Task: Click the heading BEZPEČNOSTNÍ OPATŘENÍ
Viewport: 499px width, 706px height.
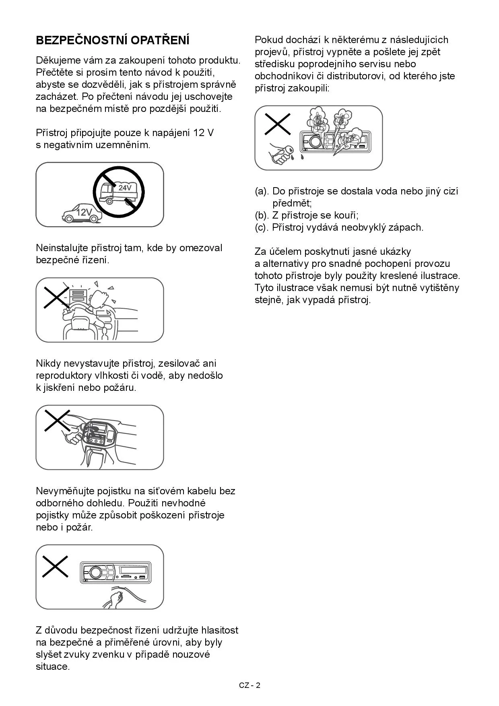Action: tap(113, 40)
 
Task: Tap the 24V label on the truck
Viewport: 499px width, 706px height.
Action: tap(125, 188)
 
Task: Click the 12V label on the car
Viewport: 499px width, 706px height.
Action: tap(84, 212)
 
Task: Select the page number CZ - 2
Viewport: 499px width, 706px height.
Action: tap(249, 685)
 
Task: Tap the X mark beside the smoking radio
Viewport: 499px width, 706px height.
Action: tap(278, 124)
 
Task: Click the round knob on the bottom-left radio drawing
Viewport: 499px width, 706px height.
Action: tap(95, 572)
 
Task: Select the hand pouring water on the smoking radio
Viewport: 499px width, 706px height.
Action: tap(281, 153)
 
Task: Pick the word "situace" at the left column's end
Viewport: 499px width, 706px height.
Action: tap(53, 666)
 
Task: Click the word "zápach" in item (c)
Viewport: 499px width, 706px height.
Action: tap(408, 227)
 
